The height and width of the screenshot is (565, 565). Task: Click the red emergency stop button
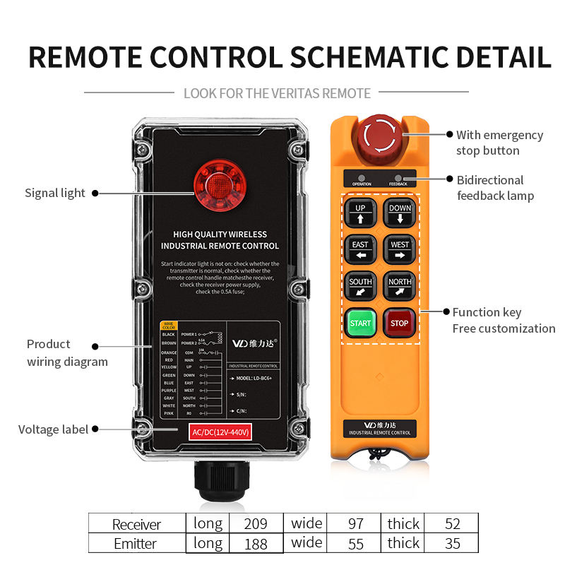(x=381, y=135)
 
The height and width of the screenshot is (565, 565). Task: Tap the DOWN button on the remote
(x=400, y=213)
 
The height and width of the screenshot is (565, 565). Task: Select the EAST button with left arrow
(x=360, y=249)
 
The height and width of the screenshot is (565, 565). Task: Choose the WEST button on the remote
(x=400, y=249)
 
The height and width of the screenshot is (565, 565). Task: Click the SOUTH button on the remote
(x=360, y=286)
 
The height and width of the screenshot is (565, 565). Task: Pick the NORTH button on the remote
(x=400, y=286)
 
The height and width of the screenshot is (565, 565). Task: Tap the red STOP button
(x=400, y=323)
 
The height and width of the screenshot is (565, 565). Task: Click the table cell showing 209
(x=255, y=524)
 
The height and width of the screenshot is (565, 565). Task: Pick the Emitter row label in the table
(x=136, y=544)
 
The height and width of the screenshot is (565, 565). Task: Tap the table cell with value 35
(x=452, y=543)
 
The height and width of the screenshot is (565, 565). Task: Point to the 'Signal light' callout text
(x=55, y=193)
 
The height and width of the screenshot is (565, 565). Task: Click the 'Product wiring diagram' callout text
(x=67, y=353)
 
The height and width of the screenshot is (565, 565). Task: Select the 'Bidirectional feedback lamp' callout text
(x=494, y=188)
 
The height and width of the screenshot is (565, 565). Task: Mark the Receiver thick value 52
(x=452, y=524)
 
